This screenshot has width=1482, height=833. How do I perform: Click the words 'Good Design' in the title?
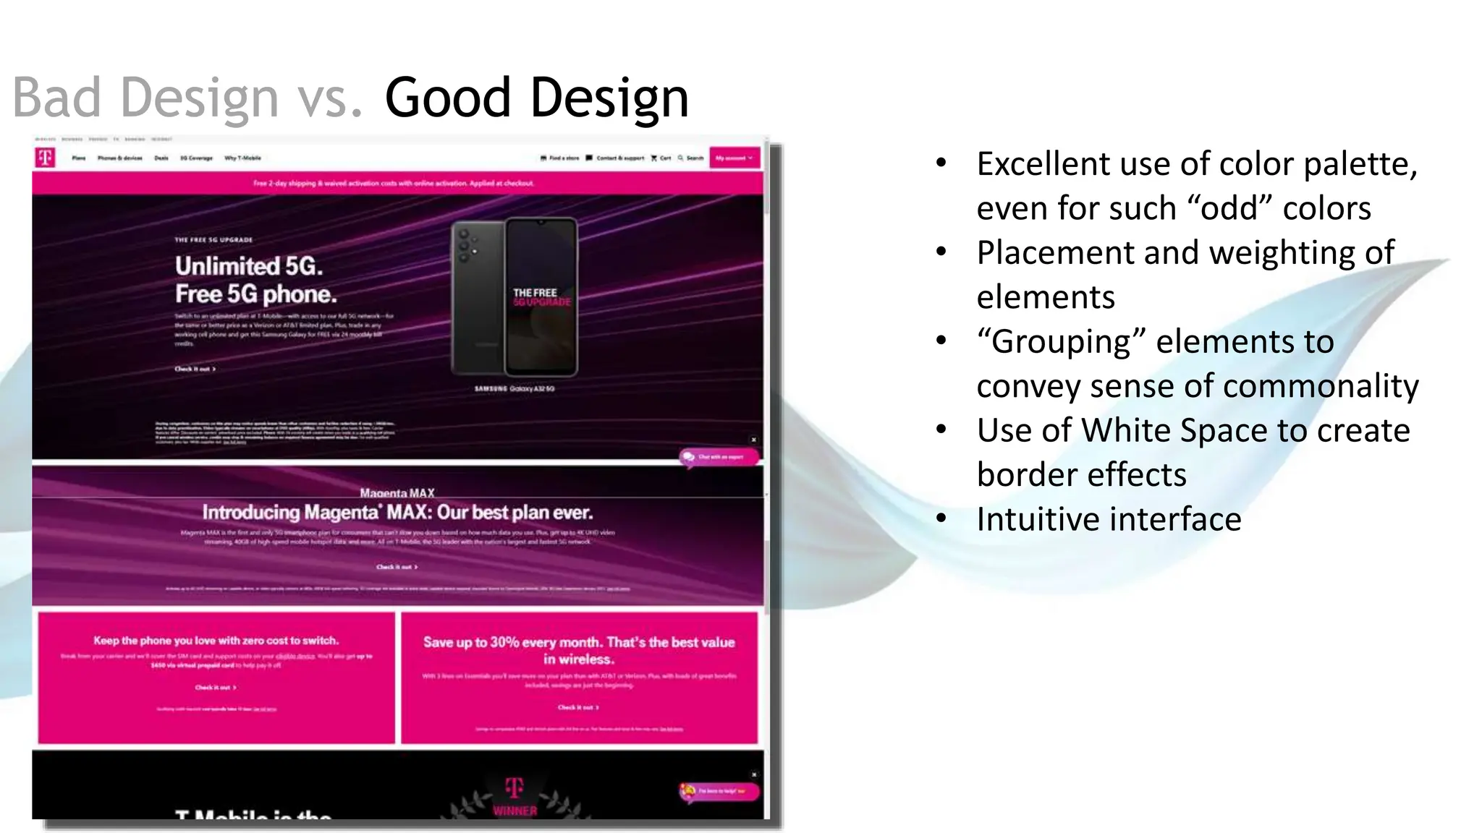[x=536, y=98]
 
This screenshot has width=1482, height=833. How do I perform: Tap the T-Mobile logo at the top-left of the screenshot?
[x=45, y=157]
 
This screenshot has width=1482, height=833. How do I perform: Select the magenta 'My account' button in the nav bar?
[x=734, y=158]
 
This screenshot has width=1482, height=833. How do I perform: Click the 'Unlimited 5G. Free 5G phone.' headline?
[x=255, y=280]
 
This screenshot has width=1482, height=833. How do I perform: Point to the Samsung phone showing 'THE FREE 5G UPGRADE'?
[x=515, y=297]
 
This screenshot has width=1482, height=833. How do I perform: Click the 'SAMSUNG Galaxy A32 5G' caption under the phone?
[x=515, y=389]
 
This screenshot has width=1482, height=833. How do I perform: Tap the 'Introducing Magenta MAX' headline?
[x=397, y=513]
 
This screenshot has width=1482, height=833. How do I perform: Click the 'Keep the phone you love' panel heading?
[x=216, y=641]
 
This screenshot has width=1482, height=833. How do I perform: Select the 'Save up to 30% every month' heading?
[x=579, y=650]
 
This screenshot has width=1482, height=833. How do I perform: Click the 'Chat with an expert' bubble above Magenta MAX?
[x=719, y=457]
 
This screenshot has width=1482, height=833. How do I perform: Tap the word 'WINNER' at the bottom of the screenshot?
[x=515, y=811]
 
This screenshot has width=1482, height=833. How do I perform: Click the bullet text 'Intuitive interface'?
[x=1109, y=519]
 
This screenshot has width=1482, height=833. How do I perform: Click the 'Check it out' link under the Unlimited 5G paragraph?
[x=195, y=369]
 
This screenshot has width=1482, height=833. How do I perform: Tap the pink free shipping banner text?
[x=394, y=184]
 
